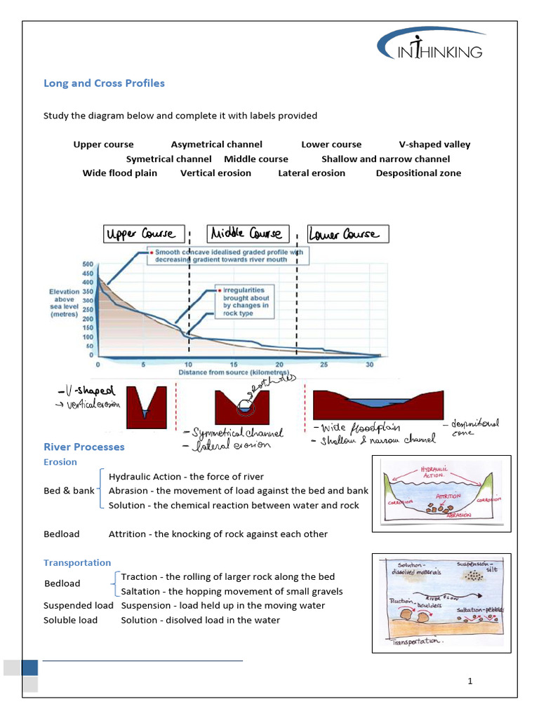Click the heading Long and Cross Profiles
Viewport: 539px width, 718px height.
point(104,83)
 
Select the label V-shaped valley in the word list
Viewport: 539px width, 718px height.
point(434,144)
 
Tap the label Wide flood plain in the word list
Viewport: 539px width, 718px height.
point(119,172)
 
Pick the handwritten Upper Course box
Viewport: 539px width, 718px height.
point(144,234)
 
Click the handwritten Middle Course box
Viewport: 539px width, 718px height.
point(248,234)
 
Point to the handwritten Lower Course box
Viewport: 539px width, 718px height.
point(348,234)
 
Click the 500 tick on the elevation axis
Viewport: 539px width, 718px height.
point(88,264)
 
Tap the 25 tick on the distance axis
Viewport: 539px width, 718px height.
point(324,365)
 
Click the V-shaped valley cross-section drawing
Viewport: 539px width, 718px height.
point(147,407)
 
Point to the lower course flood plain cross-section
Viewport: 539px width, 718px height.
point(373,405)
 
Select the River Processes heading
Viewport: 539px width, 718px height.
point(84,447)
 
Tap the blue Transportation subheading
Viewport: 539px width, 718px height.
point(77,562)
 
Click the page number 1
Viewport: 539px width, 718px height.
point(471,681)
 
